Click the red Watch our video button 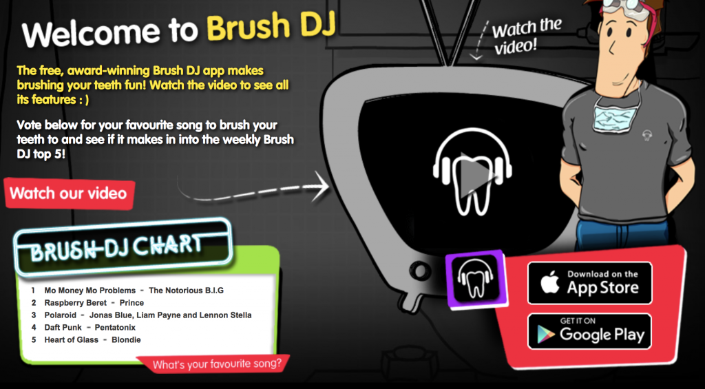tap(70, 193)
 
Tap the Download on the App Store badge tap(589, 283)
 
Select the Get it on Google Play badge tap(589, 331)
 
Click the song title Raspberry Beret tap(76, 303)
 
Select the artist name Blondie tap(126, 339)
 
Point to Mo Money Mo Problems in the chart tap(90, 290)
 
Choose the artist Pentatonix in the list tap(115, 328)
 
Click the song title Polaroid tap(61, 315)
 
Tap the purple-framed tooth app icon tap(476, 279)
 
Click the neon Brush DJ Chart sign tap(123, 246)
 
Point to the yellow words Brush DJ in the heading tap(271, 27)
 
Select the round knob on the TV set tap(420, 271)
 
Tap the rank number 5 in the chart tap(34, 339)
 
